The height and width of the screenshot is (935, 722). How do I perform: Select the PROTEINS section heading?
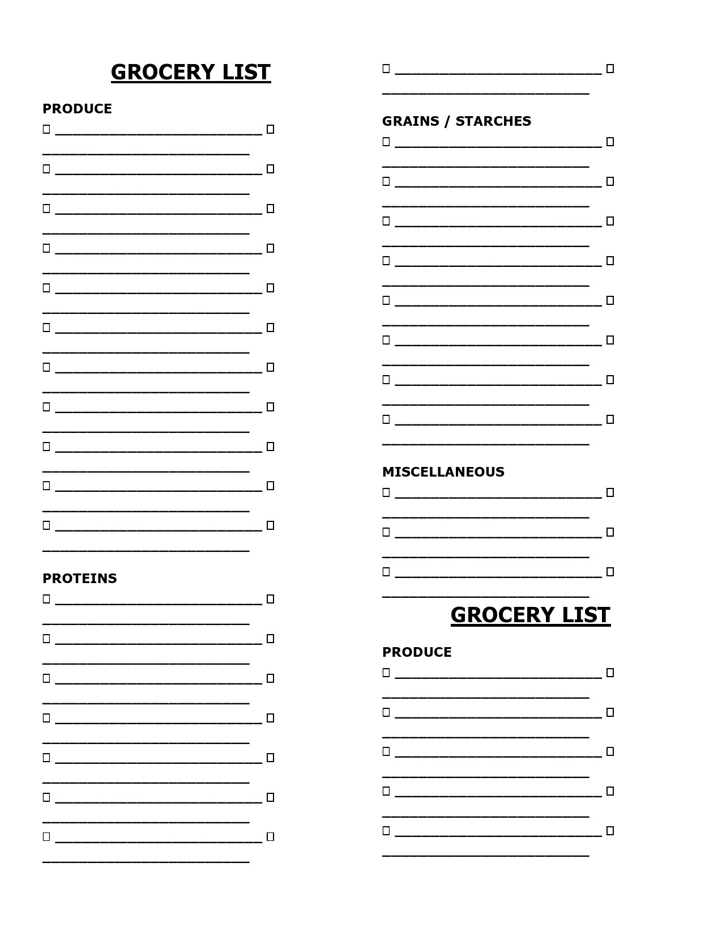point(80,579)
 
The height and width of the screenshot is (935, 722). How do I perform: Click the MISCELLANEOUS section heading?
point(443,472)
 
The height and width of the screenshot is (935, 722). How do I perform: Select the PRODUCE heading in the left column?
point(77,109)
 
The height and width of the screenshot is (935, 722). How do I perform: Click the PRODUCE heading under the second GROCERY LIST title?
point(417,652)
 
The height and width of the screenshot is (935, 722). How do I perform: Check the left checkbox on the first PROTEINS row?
point(46,599)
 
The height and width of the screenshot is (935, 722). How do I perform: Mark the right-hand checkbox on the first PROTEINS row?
point(270,599)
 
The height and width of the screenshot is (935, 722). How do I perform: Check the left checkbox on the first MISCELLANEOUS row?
point(386,492)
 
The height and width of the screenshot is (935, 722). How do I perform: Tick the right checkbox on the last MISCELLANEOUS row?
point(610,572)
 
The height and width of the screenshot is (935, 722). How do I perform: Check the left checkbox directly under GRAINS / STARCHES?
point(386,142)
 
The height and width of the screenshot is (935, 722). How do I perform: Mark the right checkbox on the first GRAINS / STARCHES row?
point(610,142)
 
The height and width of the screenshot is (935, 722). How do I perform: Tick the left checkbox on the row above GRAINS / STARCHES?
point(386,69)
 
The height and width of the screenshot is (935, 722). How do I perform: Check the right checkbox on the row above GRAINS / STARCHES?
point(610,69)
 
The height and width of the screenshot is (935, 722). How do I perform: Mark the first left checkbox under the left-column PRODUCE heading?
point(46,129)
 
